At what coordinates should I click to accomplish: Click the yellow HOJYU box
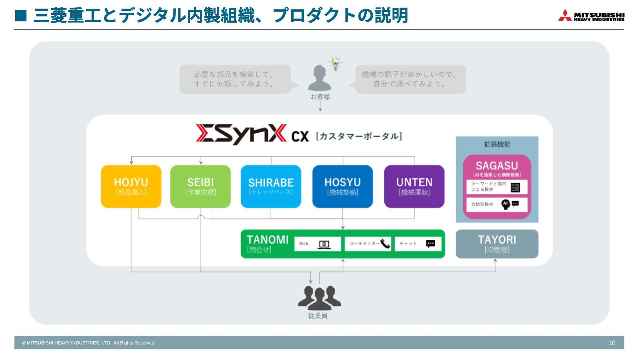tap(131, 186)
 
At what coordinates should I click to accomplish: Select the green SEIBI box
tap(200, 186)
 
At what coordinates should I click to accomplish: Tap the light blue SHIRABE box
tap(271, 186)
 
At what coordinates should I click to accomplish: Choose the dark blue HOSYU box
tap(342, 186)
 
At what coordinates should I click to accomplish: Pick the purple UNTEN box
tap(414, 186)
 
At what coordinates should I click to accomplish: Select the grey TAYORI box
tap(497, 244)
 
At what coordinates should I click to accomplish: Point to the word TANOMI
tap(268, 240)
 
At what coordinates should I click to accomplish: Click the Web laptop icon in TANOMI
tap(324, 244)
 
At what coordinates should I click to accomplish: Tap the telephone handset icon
tap(385, 244)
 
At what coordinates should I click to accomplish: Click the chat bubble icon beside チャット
tap(431, 244)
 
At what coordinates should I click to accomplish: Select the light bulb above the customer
tap(335, 63)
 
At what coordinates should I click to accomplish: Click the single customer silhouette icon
tap(319, 78)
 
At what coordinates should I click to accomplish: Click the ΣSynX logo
tap(241, 134)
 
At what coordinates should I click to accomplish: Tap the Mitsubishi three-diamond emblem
tap(565, 15)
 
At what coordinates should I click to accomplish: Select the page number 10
tap(612, 343)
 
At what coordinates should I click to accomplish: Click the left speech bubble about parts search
tap(235, 79)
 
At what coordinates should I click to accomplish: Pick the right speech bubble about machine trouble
tap(410, 79)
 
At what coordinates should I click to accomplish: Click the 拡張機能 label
tap(497, 145)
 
